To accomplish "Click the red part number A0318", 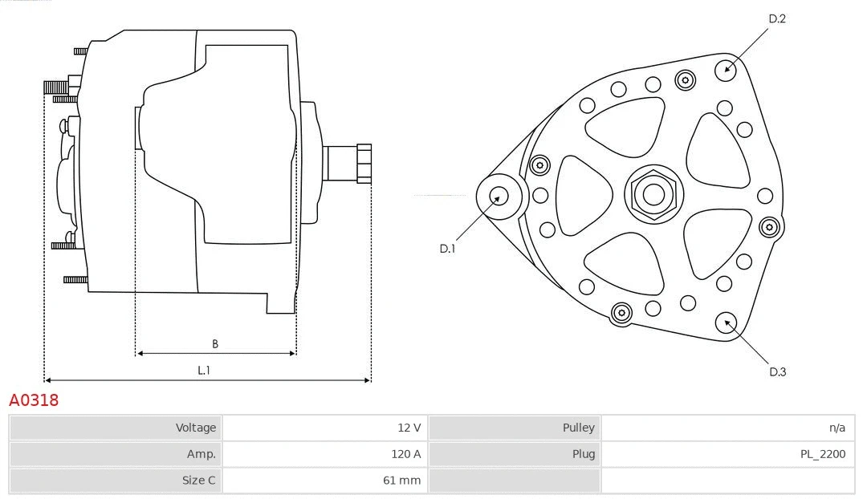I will pyautogui.click(x=34, y=400).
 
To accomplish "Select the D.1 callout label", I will pyautogui.click(x=447, y=249).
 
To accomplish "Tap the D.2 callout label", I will pyautogui.click(x=777, y=18).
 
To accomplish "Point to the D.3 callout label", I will pyautogui.click(x=777, y=371).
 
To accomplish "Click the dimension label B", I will pyautogui.click(x=215, y=344).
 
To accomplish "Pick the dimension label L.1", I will pyautogui.click(x=205, y=371).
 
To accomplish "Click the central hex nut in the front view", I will pyautogui.click(x=653, y=194).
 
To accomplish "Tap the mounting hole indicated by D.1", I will pyautogui.click(x=499, y=196).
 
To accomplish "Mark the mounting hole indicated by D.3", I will pyautogui.click(x=727, y=323).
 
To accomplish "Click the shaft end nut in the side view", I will pyautogui.click(x=364, y=163).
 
